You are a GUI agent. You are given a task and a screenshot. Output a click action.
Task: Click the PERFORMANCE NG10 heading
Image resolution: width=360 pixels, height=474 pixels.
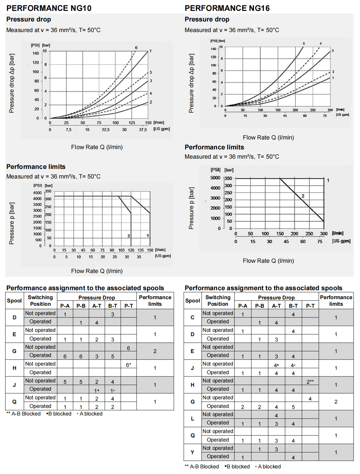click(x=49, y=8)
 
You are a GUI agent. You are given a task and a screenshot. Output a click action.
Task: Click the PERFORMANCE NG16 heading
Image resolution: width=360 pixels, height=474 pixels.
click(x=227, y=8)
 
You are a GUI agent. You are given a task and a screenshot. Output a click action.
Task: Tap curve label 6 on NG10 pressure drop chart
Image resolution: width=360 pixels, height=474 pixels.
click(x=136, y=48)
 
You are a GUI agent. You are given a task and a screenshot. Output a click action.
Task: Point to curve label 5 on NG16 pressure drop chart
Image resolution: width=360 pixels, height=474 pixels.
click(x=304, y=44)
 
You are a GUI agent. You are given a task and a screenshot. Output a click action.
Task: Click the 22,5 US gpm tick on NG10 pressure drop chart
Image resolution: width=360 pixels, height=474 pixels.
click(x=106, y=130)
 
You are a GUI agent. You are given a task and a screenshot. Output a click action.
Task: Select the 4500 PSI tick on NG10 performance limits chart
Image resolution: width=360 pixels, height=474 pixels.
click(x=37, y=193)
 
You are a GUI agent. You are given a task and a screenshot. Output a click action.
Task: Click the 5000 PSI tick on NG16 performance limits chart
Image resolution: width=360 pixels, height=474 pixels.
click(x=215, y=178)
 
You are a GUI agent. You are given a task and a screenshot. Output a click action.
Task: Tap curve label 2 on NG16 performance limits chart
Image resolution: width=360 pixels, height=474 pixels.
click(x=303, y=196)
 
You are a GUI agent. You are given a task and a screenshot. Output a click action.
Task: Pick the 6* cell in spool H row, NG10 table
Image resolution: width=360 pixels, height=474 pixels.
click(x=128, y=365)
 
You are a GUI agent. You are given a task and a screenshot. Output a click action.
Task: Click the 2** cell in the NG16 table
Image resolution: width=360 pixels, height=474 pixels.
click(x=310, y=382)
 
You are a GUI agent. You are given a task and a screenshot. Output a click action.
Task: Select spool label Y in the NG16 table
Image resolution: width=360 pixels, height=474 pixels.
click(x=192, y=452)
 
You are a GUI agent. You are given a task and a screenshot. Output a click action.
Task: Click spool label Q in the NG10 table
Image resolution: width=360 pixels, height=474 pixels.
click(x=14, y=402)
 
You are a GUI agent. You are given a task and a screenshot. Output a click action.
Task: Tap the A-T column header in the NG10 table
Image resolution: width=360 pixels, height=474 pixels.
click(x=97, y=306)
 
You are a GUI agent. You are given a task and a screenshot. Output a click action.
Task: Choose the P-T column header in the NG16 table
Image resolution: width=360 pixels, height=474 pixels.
click(x=310, y=306)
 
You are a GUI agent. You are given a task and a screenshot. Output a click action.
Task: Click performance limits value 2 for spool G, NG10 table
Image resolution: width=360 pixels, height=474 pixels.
click(x=155, y=351)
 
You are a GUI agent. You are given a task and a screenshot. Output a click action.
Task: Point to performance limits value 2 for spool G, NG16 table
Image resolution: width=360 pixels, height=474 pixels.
click(x=336, y=402)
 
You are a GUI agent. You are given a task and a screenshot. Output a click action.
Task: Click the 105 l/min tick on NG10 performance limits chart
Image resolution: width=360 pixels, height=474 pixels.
click(x=121, y=250)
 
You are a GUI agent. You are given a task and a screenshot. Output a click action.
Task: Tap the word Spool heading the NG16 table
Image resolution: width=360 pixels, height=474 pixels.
click(x=193, y=300)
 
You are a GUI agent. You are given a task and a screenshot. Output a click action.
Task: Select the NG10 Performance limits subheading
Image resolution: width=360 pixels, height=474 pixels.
click(x=36, y=167)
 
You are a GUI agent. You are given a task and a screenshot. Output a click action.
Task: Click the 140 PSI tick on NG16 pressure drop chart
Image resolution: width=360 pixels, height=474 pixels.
click(x=213, y=49)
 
